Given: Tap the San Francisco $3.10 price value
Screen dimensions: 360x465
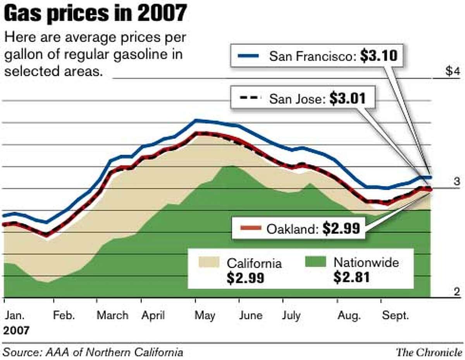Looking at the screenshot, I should click(x=378, y=56).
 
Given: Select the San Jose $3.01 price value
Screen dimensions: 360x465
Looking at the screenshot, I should click(x=347, y=99).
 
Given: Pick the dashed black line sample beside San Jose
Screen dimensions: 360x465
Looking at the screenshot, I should click(x=248, y=99).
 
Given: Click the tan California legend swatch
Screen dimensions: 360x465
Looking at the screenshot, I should click(x=208, y=262).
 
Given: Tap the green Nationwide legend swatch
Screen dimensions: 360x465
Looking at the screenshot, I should click(x=315, y=262).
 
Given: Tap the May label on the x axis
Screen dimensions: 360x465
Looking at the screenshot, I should click(x=205, y=315).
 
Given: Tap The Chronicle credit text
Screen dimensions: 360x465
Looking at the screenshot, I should click(x=429, y=352).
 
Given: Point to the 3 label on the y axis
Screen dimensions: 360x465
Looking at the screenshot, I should click(x=457, y=182).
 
